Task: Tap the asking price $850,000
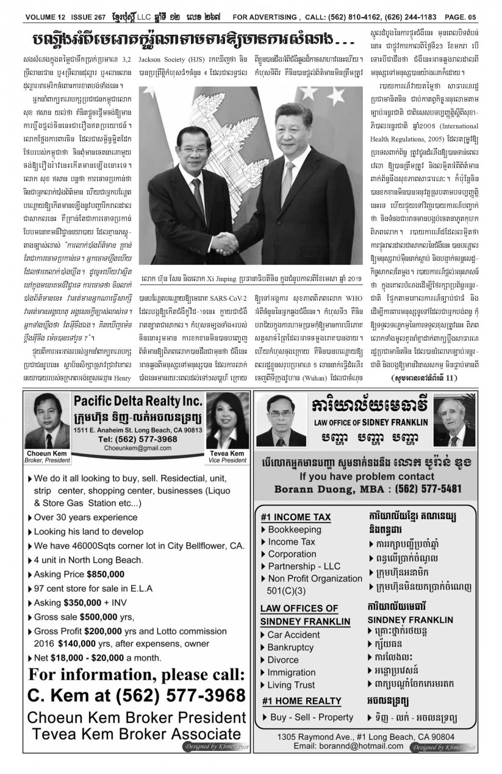pyautogui.click(x=106, y=574)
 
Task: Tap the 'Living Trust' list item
pyautogui.click(x=292, y=684)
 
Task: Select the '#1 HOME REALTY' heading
pyautogui.click(x=301, y=701)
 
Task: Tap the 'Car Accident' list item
pyautogui.click(x=293, y=634)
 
